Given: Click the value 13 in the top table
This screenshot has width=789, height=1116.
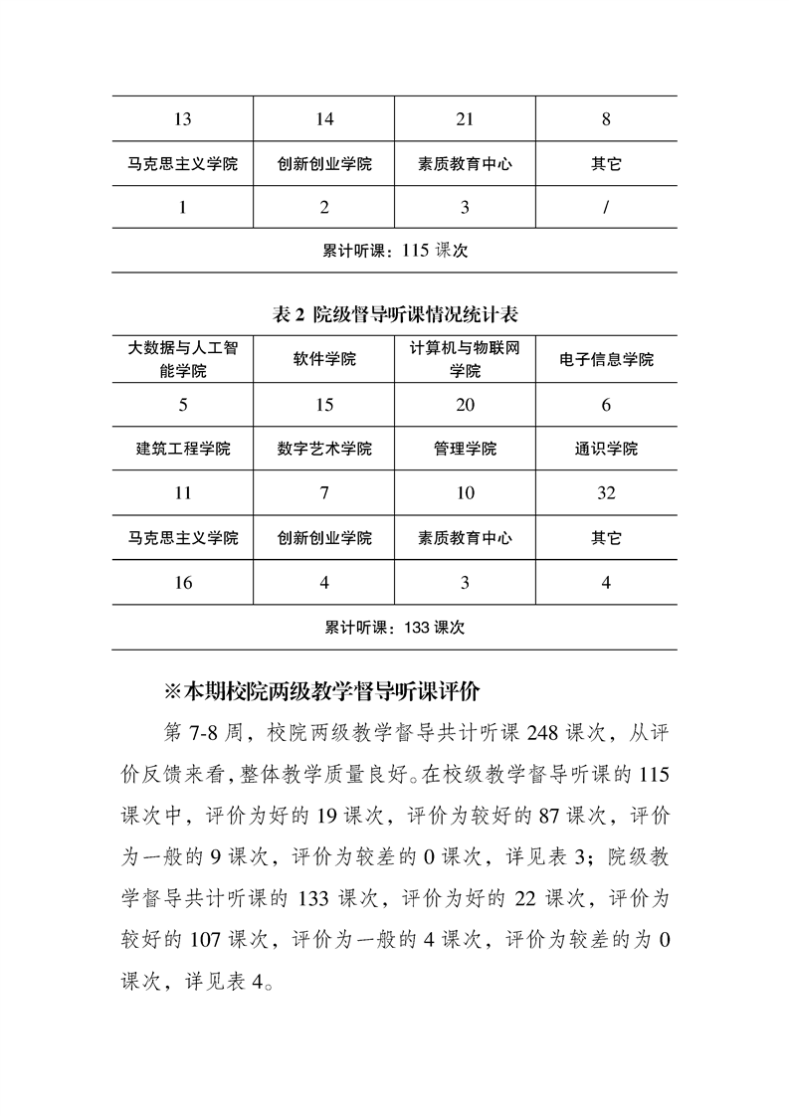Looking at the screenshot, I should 182,120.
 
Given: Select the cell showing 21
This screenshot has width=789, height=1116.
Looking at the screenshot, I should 465,120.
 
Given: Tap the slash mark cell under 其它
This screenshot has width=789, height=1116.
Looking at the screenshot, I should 606,207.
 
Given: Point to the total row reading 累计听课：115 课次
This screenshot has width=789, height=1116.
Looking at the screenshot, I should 395,252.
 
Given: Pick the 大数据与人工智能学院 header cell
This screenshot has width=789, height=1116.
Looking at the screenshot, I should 182,359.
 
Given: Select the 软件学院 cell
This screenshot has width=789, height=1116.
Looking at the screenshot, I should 324,359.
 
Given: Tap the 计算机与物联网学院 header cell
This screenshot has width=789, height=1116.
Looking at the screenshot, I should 465,359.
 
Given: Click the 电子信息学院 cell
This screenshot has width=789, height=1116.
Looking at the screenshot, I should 606,359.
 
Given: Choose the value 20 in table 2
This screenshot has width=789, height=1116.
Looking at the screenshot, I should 465,405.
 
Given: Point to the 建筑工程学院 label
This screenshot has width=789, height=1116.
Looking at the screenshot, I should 182,449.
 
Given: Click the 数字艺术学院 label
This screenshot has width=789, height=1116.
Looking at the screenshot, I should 324,449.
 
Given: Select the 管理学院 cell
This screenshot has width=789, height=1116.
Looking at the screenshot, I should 465,449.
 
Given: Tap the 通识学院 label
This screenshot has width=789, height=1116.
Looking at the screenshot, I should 606,449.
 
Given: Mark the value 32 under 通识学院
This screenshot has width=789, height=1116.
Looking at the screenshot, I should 606,493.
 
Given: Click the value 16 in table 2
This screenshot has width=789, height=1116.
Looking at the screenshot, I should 182,583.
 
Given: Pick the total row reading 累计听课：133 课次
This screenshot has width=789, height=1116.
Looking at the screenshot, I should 395,628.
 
